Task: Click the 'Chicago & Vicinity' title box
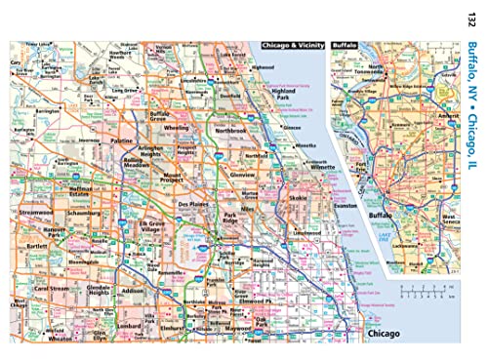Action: tap(291, 46)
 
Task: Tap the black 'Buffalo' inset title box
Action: tap(345, 46)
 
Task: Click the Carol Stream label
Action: tap(53, 291)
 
